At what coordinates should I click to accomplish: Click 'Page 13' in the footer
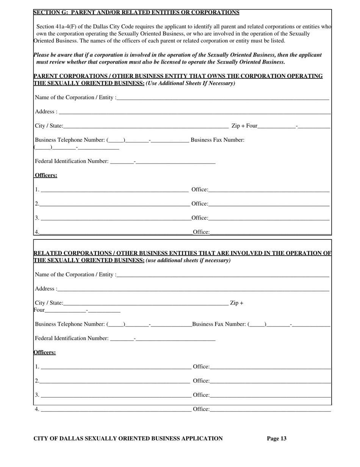[x=277, y=439]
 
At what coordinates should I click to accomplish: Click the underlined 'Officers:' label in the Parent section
[x=46, y=175]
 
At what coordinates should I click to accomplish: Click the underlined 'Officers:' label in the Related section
[x=45, y=352]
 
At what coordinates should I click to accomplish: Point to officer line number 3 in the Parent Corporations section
[x=114, y=218]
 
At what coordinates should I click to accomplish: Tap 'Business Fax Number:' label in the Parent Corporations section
[x=218, y=140]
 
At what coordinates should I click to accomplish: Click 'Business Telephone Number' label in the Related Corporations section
[x=70, y=324]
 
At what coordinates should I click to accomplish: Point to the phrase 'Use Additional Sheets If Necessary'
[x=191, y=83]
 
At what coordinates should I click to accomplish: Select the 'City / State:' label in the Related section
[x=49, y=303]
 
